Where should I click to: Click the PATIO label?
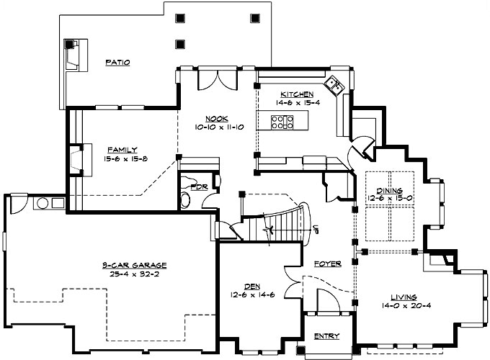tap(117, 63)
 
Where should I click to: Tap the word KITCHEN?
tap(297, 94)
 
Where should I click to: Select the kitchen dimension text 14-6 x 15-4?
tap(297, 103)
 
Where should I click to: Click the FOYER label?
tap(328, 264)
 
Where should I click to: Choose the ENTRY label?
tap(326, 336)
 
